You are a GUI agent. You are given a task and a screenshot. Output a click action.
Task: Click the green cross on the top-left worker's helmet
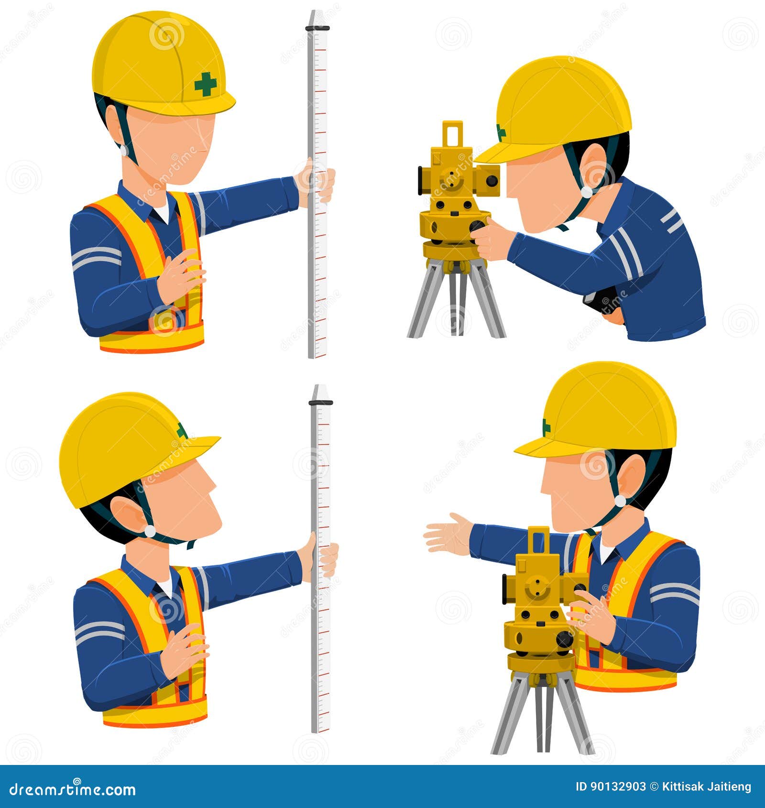point(206,85)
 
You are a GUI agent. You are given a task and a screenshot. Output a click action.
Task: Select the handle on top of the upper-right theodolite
point(452,134)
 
